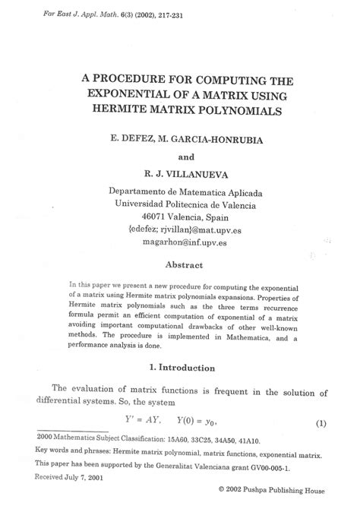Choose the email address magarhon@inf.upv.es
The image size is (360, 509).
click(x=185, y=242)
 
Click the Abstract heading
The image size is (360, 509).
click(x=185, y=264)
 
